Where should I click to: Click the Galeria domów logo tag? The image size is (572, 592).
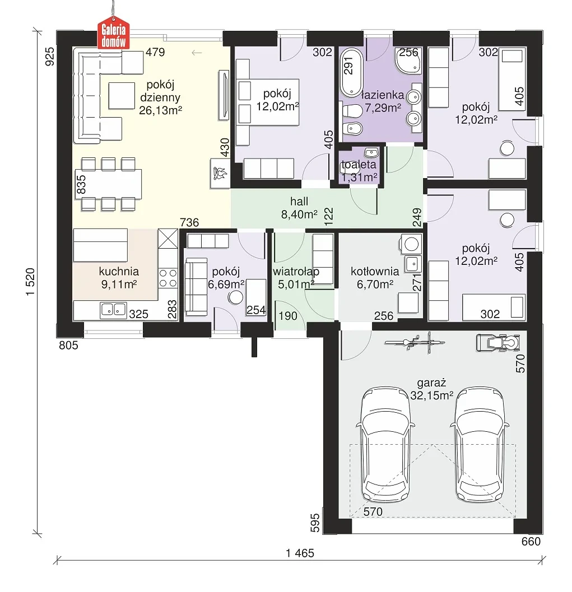[x=113, y=35]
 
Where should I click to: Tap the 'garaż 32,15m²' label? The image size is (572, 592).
[x=431, y=389]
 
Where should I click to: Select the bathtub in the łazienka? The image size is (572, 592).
[x=351, y=73]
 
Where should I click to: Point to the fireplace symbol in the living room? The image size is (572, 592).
[x=220, y=173]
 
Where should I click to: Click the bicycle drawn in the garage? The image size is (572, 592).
[x=415, y=343]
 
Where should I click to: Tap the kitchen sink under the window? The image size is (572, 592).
[x=113, y=310]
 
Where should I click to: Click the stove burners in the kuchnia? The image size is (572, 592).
[x=168, y=277]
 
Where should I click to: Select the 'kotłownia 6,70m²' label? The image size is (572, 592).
[x=375, y=277]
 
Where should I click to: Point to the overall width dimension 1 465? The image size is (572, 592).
[x=300, y=553]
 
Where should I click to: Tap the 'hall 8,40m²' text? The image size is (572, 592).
[x=299, y=208]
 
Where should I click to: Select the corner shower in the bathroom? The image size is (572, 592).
[x=408, y=60]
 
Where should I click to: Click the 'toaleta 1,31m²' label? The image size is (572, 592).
[x=359, y=171]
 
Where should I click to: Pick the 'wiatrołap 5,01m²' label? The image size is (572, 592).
[x=296, y=277]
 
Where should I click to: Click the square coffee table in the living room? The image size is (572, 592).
[x=122, y=96]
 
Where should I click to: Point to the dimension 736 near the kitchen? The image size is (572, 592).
[x=189, y=222]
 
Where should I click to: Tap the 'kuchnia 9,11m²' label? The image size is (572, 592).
[x=119, y=277]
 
